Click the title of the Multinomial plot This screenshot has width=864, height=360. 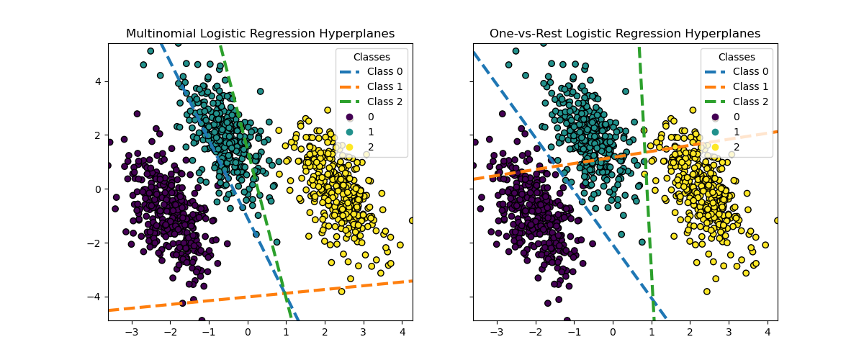point(260,34)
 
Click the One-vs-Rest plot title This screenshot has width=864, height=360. point(625,34)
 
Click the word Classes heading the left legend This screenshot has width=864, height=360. point(372,57)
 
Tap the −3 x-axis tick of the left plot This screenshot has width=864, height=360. point(132,333)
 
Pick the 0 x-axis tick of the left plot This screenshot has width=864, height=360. point(248,333)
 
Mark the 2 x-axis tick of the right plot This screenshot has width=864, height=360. point(690,333)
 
